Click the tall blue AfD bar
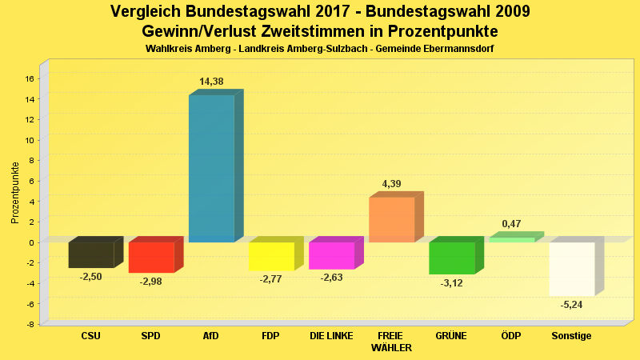(211, 168)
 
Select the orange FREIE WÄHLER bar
(391, 219)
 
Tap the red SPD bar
(151, 257)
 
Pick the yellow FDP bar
(272, 256)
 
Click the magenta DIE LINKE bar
(331, 255)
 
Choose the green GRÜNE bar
(452, 258)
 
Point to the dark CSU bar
(91, 254)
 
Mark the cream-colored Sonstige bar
(572, 269)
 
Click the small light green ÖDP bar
(512, 239)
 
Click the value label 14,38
(211, 82)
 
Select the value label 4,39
(391, 184)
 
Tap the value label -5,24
(572, 305)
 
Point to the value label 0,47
(512, 224)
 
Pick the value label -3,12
(452, 282)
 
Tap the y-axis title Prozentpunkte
(14, 192)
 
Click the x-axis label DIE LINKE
(331, 336)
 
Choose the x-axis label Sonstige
(572, 336)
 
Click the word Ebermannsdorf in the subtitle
(454, 49)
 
